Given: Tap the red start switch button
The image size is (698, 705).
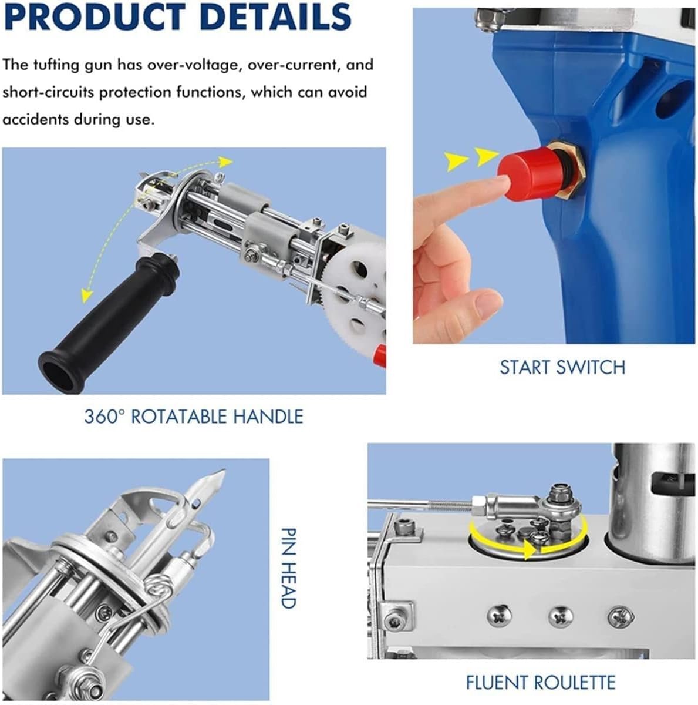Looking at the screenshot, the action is tap(525, 176).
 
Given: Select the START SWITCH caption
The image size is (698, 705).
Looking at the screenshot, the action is tap(562, 368).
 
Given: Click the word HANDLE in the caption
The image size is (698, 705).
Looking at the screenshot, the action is tap(268, 417).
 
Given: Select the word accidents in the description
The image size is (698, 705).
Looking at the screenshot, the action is tap(35, 120).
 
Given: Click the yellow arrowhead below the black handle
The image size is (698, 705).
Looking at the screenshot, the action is tap(86, 296).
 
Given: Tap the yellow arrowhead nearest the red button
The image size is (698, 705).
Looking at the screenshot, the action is tap(486, 157).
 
